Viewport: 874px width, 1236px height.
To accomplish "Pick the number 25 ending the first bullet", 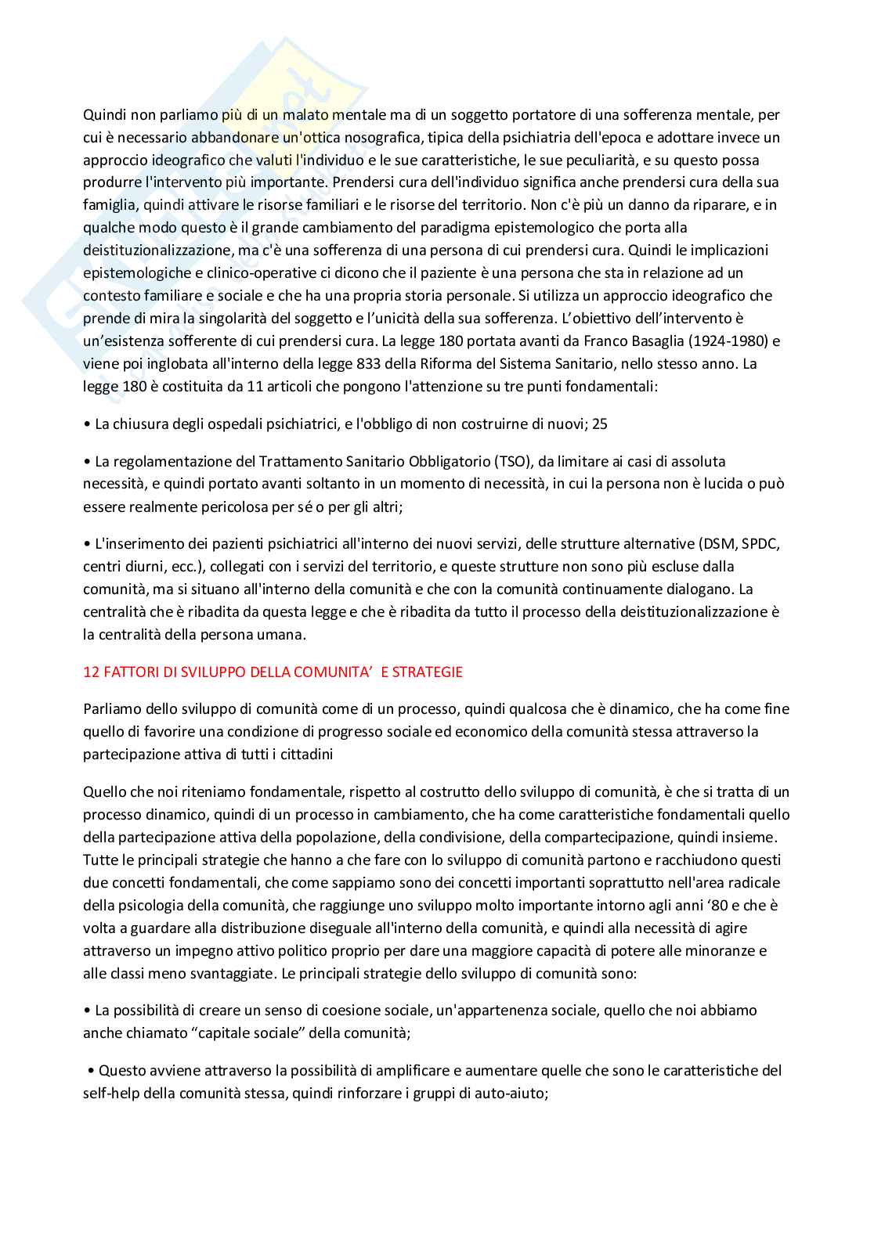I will (x=600, y=424).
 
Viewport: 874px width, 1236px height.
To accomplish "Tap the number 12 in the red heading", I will (x=90, y=672).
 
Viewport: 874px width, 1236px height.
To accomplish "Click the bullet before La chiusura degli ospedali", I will (x=86, y=424).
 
